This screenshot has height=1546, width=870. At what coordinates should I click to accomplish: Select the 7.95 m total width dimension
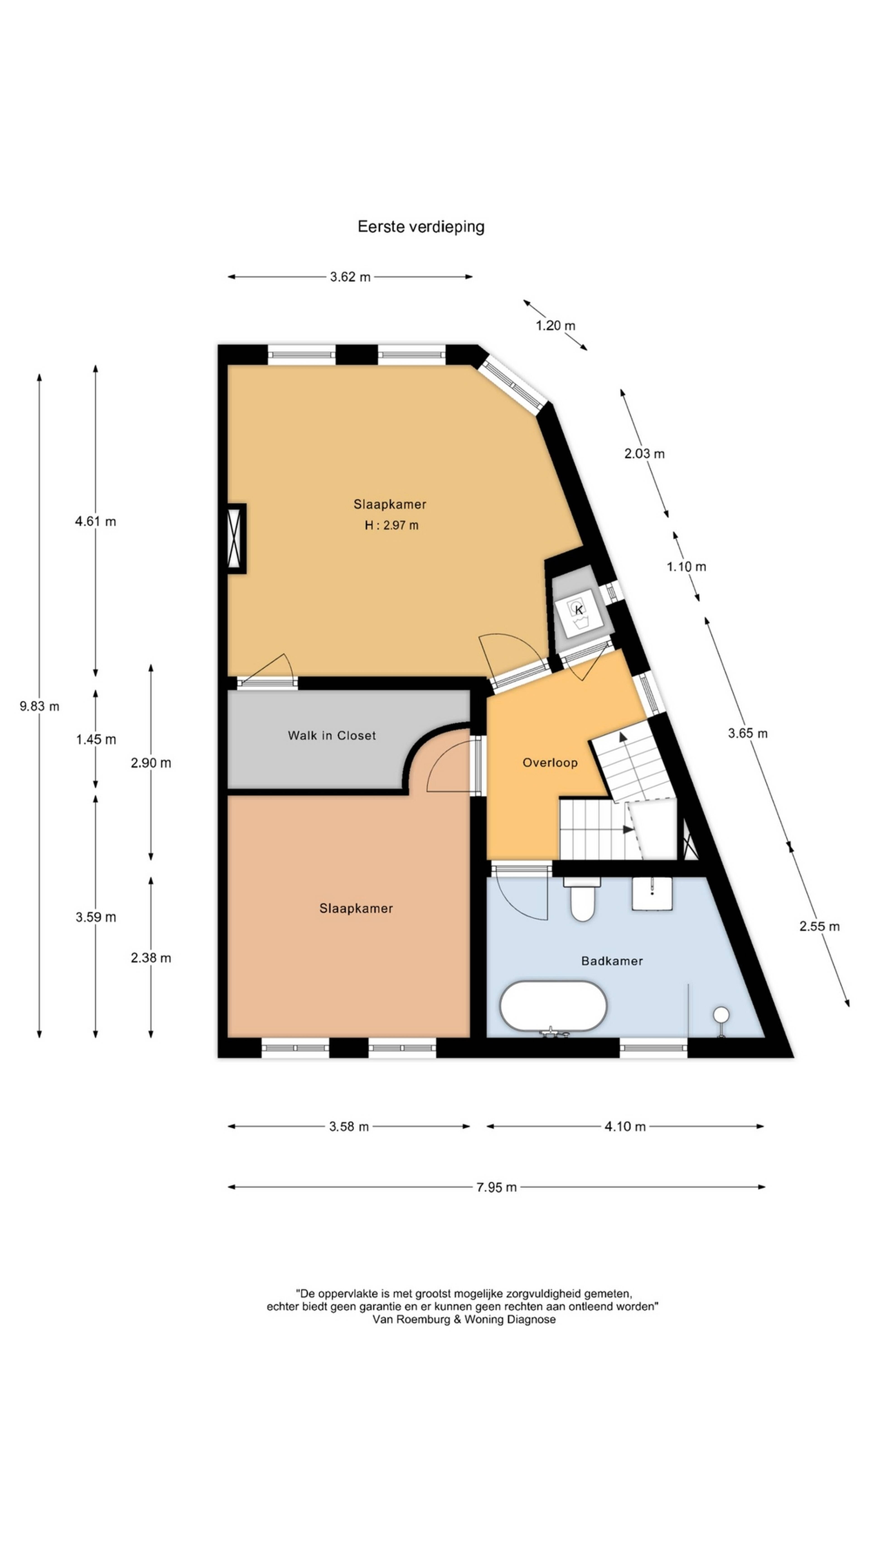tap(497, 1187)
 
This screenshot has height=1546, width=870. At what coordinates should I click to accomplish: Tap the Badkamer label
tap(612, 961)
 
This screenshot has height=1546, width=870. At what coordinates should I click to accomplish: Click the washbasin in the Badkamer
tap(652, 894)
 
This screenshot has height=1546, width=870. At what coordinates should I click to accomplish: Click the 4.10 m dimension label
tap(625, 1127)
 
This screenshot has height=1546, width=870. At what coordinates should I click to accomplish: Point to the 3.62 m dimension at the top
tap(350, 277)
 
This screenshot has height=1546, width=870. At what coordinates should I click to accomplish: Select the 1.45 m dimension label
tap(96, 739)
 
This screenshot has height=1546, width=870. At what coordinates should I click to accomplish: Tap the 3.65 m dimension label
tap(747, 733)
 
